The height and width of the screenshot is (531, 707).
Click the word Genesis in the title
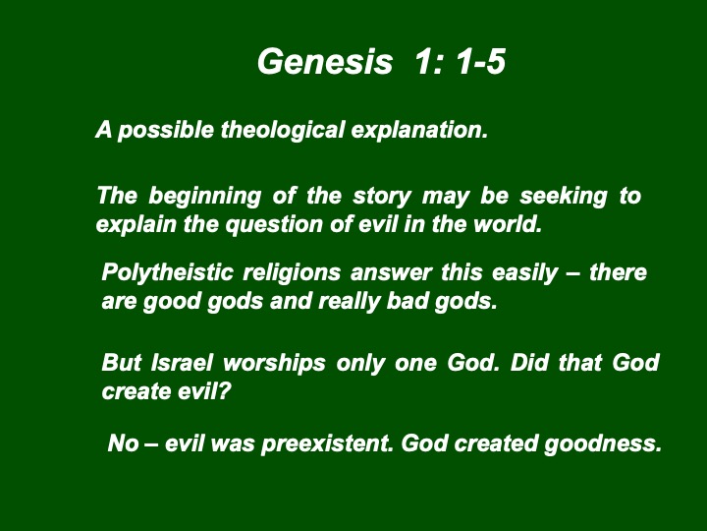pos(325,61)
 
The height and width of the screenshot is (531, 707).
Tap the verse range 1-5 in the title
pos(480,61)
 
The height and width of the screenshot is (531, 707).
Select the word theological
pos(283,131)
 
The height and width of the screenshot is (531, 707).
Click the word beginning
pos(204,197)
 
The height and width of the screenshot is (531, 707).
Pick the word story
pos(382,197)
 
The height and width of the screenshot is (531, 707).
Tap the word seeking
pos(564,197)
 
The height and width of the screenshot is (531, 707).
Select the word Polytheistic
pos(167,272)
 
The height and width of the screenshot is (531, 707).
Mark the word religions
pos(292,273)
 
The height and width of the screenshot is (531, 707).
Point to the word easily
pos(524,273)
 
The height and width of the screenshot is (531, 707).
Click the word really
pos(349,302)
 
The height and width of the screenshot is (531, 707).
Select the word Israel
pos(182,363)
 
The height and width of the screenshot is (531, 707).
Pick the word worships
pos(274,364)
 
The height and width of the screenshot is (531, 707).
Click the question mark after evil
pos(225,391)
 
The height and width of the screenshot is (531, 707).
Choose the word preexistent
pos(328,443)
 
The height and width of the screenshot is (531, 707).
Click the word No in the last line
pos(123,442)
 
